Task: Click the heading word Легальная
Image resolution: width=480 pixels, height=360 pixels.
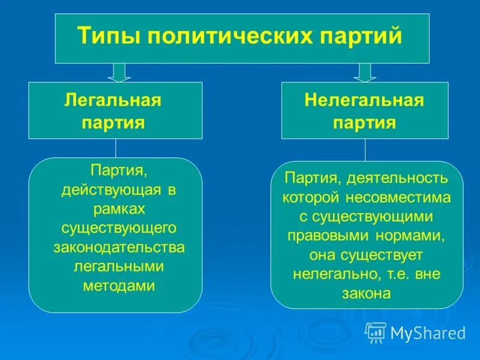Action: point(113,100)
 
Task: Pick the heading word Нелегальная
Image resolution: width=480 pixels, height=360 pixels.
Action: point(364,100)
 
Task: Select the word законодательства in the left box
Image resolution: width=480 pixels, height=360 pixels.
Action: point(116,247)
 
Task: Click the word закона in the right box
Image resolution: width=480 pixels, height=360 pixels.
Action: point(366,293)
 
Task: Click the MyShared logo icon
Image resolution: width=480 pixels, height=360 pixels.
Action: point(376,332)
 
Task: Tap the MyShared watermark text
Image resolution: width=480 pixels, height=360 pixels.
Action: point(428,332)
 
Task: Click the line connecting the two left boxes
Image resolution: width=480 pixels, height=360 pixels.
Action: point(116,148)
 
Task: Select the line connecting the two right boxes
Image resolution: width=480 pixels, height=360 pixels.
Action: point(364,150)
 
